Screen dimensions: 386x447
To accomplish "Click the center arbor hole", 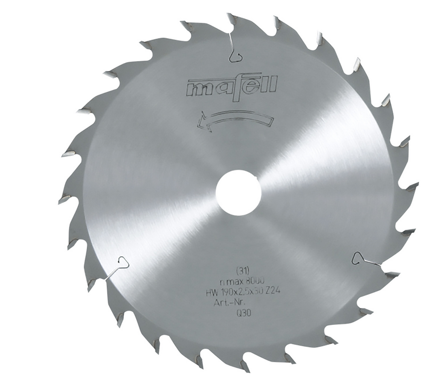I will tap(238, 192).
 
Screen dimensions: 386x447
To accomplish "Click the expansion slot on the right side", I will tap(363, 259).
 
